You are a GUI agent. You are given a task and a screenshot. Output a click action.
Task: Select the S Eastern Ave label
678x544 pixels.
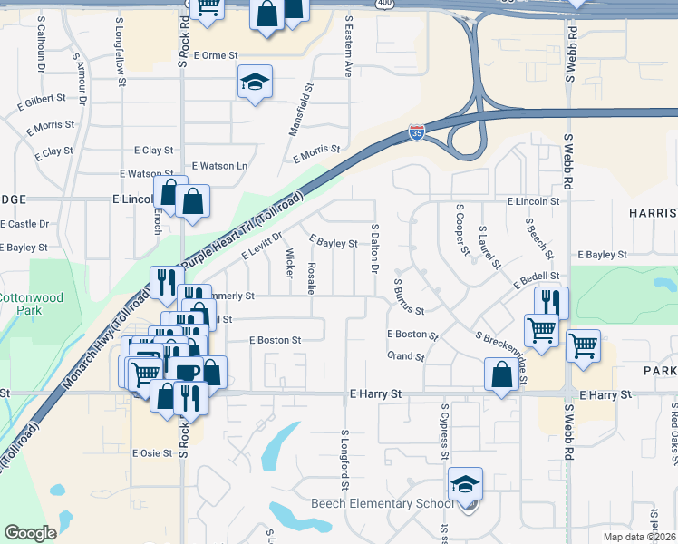pos(348,51)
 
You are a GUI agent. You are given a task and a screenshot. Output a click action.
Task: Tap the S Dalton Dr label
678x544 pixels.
pos(373,248)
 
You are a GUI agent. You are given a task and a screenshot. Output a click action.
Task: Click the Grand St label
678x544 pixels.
pos(406,357)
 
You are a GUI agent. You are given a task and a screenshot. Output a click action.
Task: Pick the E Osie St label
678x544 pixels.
pos(152,453)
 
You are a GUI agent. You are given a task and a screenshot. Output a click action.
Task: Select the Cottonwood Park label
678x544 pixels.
pos(20,304)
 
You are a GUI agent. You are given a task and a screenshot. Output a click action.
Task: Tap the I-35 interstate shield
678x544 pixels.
pos(416,133)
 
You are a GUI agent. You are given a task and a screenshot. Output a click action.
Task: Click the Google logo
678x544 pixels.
pos(30,533)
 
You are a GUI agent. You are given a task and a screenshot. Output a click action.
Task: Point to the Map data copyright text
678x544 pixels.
pos(639,537)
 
